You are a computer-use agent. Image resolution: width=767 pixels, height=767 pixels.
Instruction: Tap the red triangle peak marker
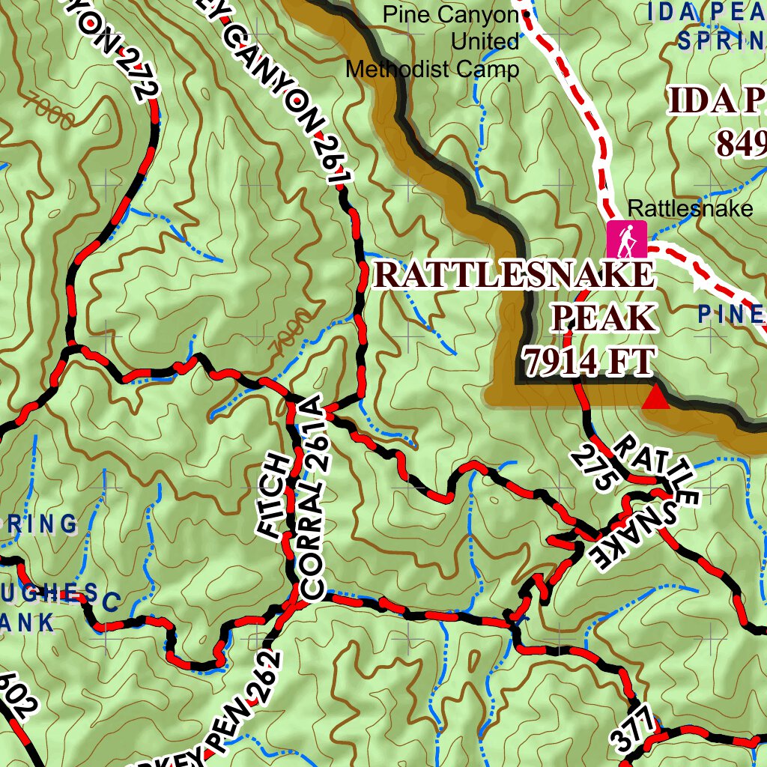[655, 397]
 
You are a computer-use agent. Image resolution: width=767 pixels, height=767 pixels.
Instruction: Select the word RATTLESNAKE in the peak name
[514, 275]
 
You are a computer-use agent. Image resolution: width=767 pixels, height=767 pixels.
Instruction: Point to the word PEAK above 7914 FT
[603, 318]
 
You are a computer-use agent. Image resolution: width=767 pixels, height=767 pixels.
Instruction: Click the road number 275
[592, 468]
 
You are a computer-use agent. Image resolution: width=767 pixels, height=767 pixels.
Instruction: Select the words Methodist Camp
[432, 70]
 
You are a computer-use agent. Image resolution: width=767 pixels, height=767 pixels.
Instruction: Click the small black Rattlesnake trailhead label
[690, 209]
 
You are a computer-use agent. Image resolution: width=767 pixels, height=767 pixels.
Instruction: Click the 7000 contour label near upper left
[49, 110]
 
